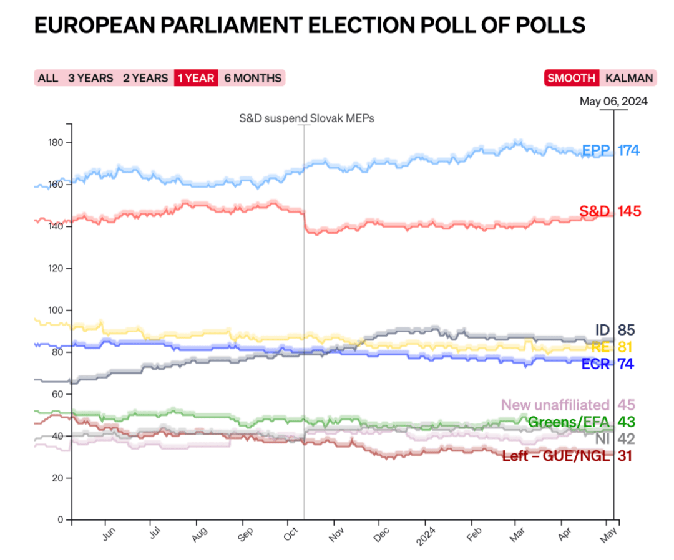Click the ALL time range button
(48, 78)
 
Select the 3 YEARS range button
(90, 78)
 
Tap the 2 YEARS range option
(145, 78)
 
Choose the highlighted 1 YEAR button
(196, 78)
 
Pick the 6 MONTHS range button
(252, 78)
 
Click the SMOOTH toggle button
(571, 78)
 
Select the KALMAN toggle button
(629, 78)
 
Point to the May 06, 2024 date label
(613, 101)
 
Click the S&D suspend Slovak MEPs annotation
(307, 118)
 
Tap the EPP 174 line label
(610, 150)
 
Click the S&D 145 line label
(610, 211)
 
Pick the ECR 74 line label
(607, 364)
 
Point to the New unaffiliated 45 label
(568, 405)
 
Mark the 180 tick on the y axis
(55, 143)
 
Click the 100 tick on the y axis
(55, 311)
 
